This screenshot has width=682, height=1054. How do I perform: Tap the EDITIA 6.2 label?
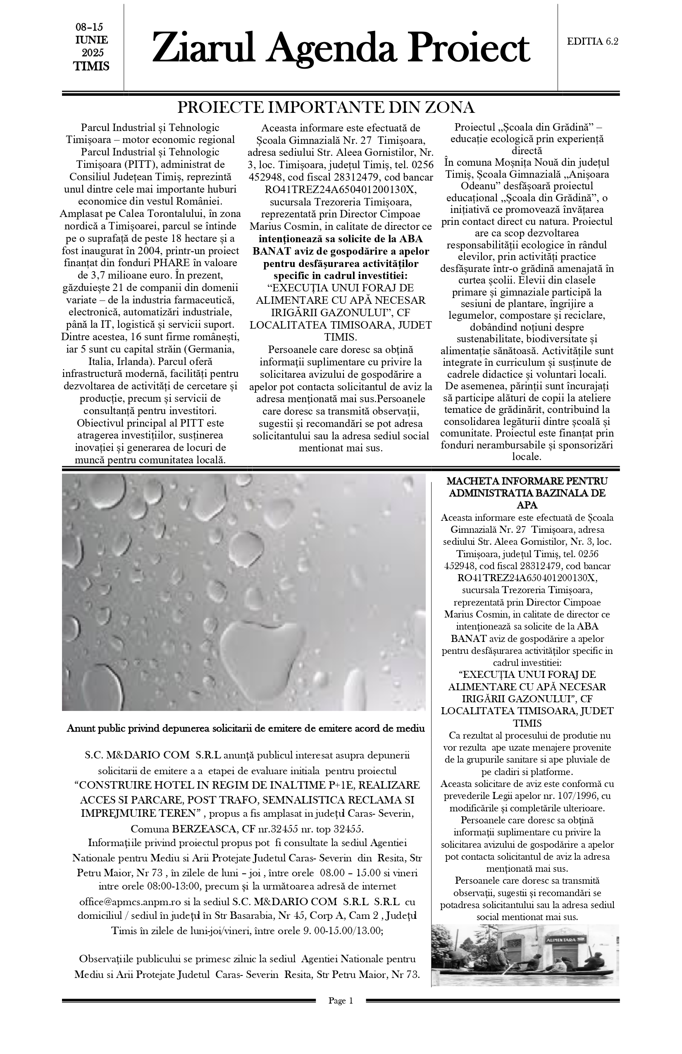(x=593, y=42)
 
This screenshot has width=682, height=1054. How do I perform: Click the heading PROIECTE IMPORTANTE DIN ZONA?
(x=326, y=107)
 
